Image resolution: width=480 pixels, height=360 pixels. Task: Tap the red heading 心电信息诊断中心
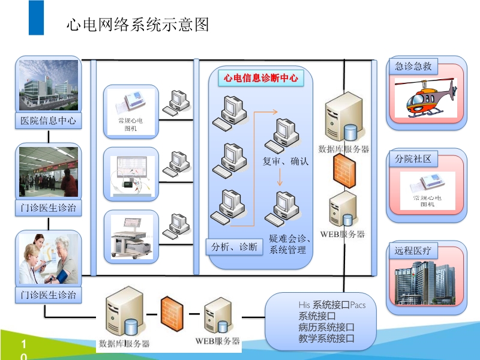[x=260, y=77]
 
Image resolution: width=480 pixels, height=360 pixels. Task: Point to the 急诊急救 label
[x=413, y=66]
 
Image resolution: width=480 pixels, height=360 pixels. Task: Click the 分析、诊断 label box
[x=235, y=247]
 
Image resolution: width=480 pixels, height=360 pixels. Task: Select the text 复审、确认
[x=286, y=161]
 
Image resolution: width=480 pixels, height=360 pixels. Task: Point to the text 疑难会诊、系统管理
[x=290, y=244]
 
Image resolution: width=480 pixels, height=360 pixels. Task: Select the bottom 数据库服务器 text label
[x=124, y=344]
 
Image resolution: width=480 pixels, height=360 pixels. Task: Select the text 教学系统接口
[x=326, y=339]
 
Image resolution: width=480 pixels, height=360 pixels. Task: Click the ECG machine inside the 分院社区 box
[x=427, y=190]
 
